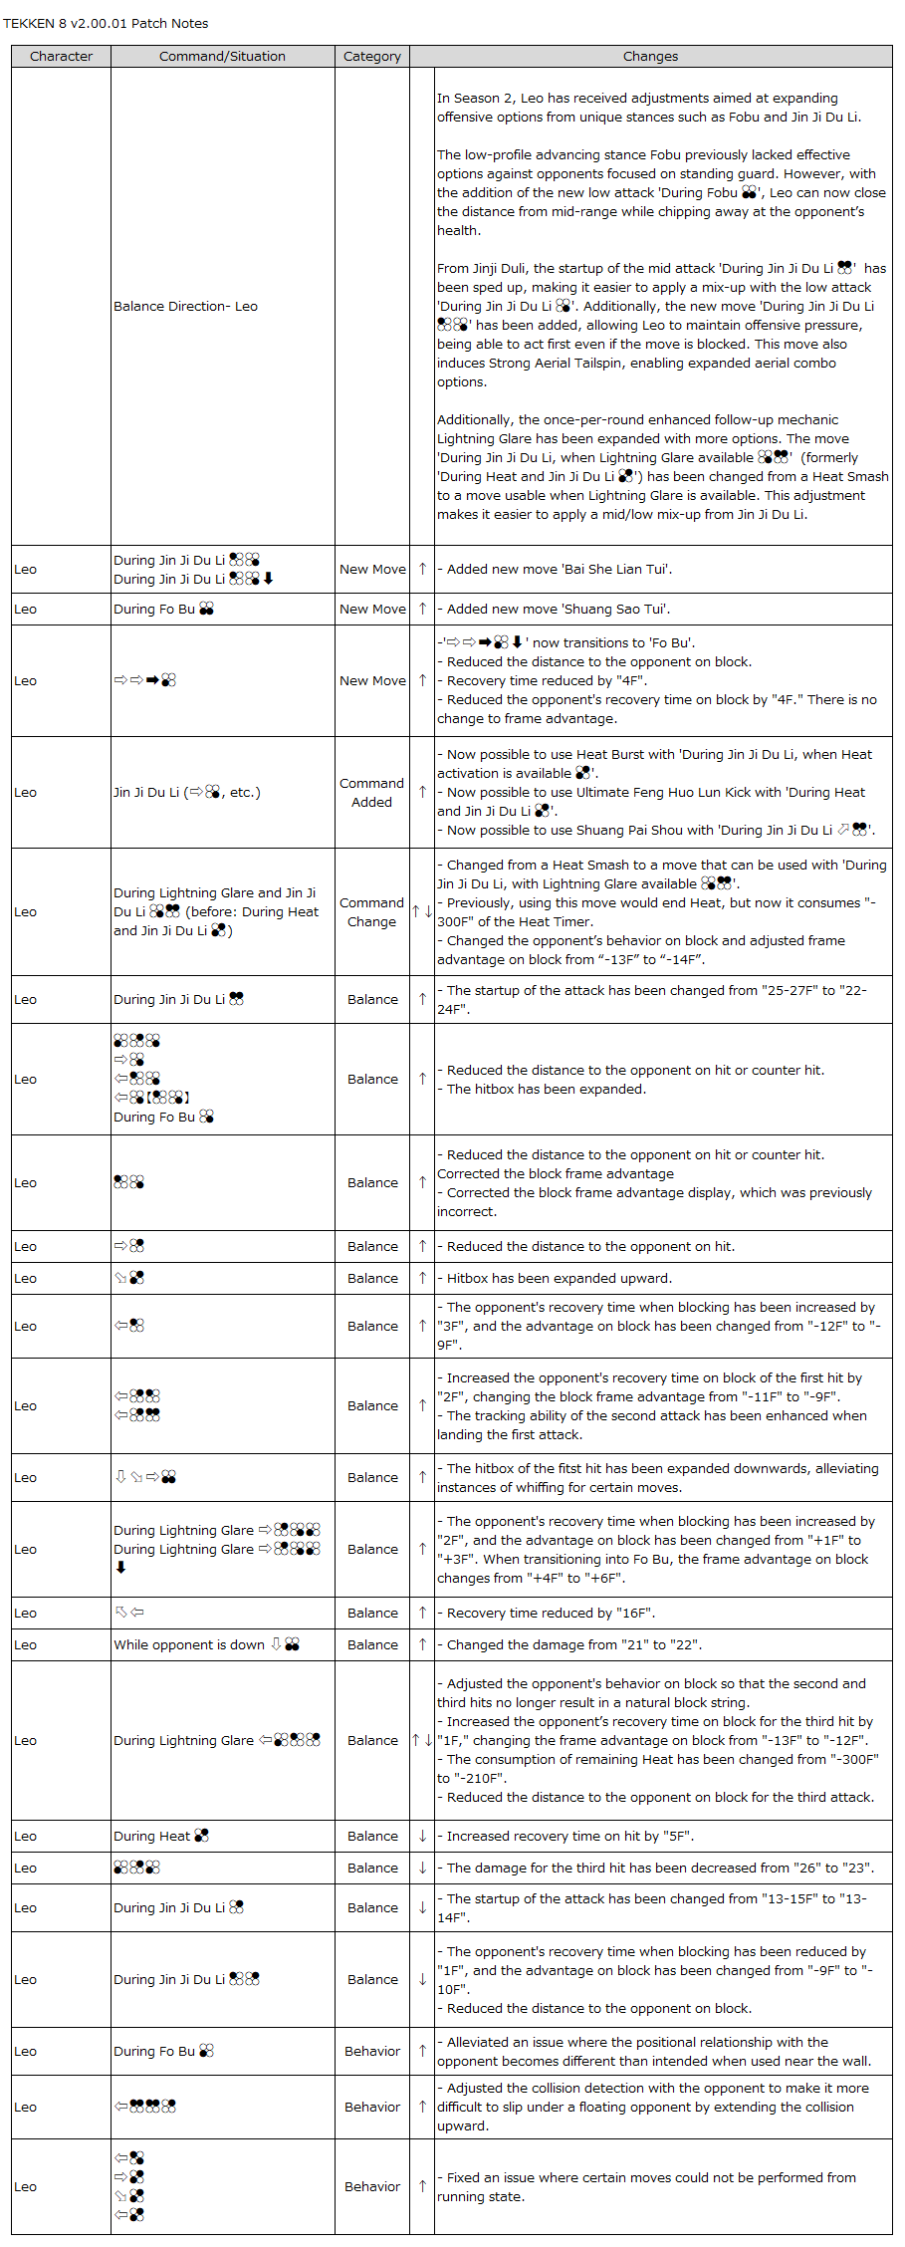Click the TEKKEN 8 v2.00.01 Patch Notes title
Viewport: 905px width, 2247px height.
(x=106, y=23)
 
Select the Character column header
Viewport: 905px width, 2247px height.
(x=61, y=57)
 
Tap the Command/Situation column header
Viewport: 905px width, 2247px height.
(x=222, y=57)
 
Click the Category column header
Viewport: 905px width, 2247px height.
(x=372, y=57)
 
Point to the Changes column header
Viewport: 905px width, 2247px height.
(x=650, y=57)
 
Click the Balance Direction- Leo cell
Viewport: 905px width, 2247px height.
(x=185, y=307)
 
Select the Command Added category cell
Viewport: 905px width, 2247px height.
(x=371, y=793)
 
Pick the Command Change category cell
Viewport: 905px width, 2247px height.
(x=371, y=912)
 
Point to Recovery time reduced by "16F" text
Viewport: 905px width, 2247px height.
(x=551, y=1614)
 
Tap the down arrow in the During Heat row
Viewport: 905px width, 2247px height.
(x=422, y=1837)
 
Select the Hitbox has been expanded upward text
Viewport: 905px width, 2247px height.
(x=559, y=1279)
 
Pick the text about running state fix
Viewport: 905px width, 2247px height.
(x=646, y=2187)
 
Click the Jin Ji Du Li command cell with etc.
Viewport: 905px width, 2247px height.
(x=187, y=793)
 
